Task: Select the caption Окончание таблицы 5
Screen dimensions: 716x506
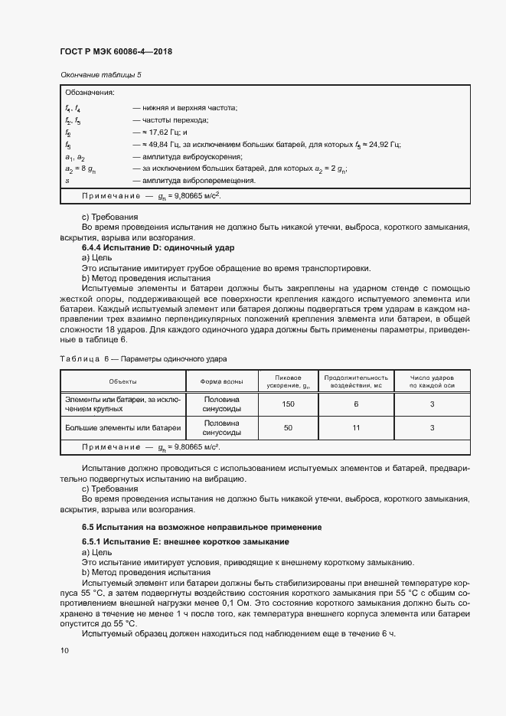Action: tap(100, 74)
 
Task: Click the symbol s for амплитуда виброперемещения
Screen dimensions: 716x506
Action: tap(67, 181)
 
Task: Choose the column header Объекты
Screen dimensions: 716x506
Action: tap(122, 381)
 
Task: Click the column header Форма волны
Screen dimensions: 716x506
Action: tap(222, 381)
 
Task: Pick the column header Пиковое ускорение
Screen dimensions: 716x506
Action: tap(288, 381)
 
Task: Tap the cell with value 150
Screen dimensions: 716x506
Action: tap(288, 404)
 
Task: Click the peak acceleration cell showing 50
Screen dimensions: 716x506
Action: tap(288, 428)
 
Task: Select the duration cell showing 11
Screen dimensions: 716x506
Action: tap(356, 428)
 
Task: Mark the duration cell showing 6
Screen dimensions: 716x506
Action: tap(356, 404)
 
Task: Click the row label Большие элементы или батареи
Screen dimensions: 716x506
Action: tap(122, 428)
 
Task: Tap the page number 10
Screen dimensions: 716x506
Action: tap(64, 650)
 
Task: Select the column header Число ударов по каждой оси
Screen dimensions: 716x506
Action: tap(432, 381)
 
